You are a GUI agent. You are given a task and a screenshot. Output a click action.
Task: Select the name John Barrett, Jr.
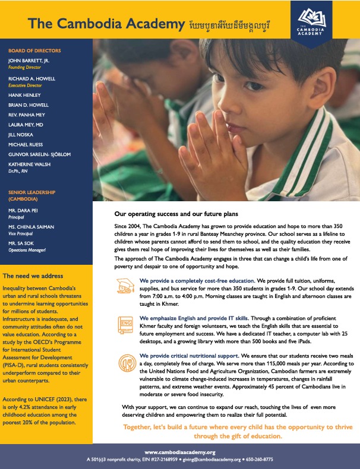click(x=28, y=61)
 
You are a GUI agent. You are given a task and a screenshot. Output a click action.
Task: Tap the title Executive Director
click(x=24, y=85)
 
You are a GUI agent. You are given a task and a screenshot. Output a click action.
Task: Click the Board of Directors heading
click(x=34, y=50)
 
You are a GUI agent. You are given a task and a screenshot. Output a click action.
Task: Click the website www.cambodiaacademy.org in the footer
click(x=179, y=452)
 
